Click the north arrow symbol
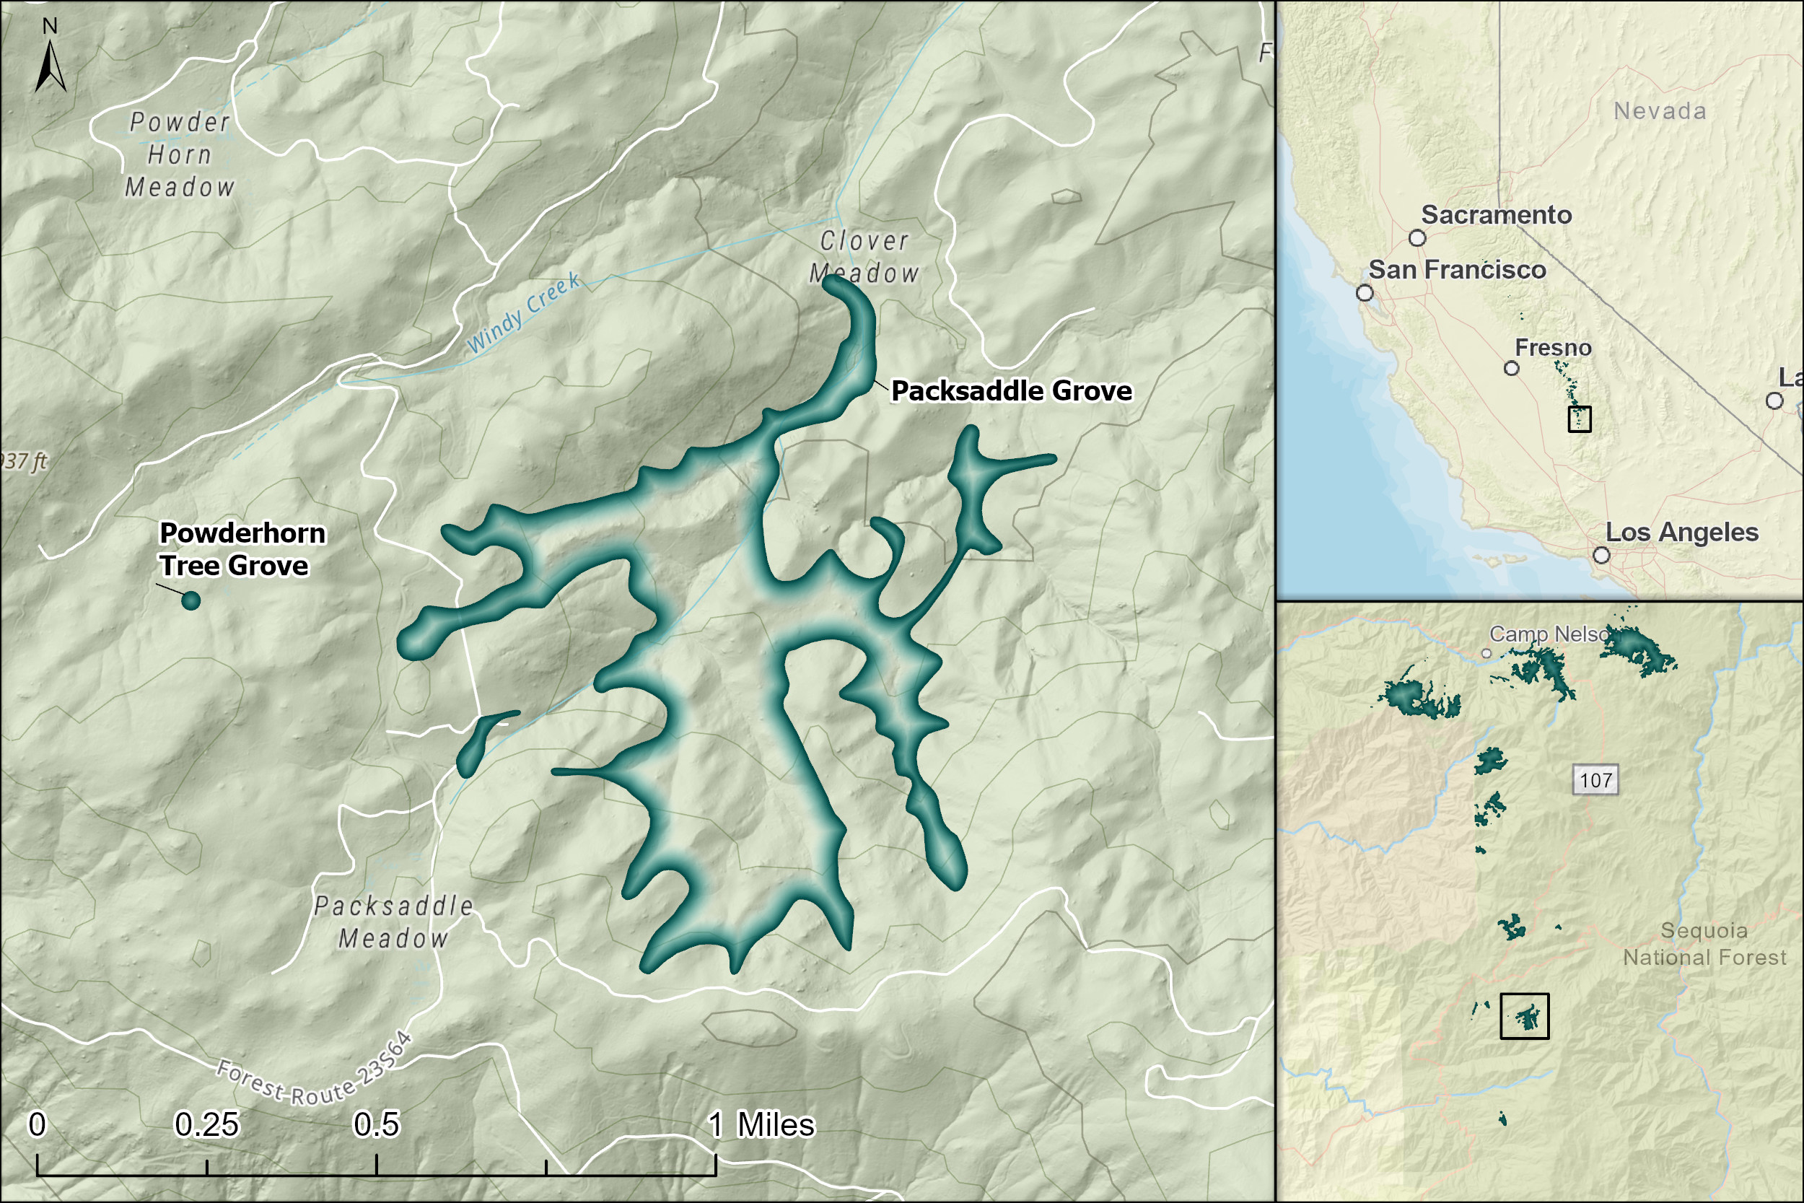tap(50, 66)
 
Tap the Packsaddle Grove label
tap(1011, 391)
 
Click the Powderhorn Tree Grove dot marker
tap(191, 600)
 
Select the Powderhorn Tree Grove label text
tap(242, 549)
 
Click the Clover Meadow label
tap(864, 257)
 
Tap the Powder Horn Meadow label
tap(180, 155)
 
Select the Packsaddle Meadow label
tap(393, 922)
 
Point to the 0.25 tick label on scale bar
tap(207, 1125)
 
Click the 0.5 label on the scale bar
tap(376, 1125)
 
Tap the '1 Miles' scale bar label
tap(761, 1125)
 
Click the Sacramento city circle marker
tap(1417, 238)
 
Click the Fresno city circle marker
tap(1511, 368)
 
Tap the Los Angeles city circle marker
tap(1601, 555)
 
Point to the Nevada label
tap(1660, 111)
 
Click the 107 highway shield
tap(1595, 780)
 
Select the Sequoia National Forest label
tap(1704, 944)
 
